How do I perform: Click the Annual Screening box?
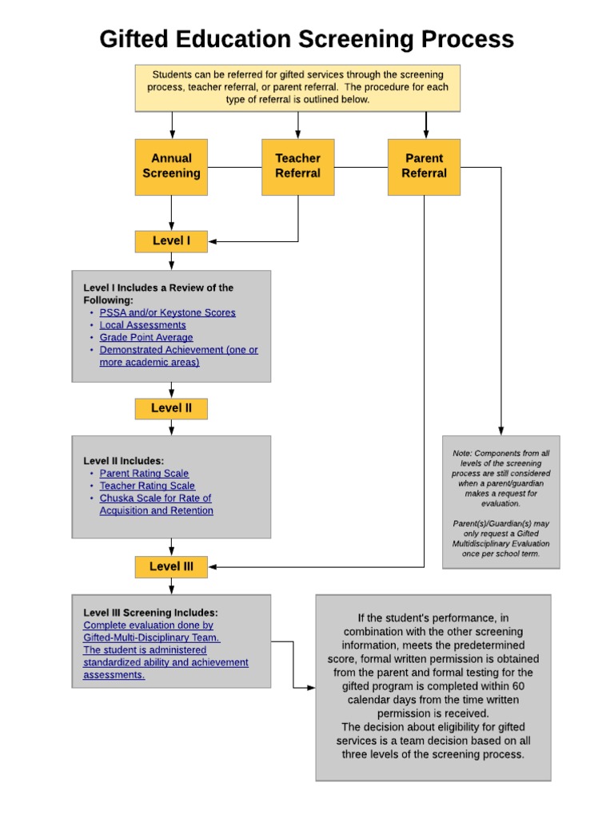[x=171, y=166]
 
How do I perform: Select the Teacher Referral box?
[x=297, y=166]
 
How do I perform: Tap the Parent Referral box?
[x=424, y=166]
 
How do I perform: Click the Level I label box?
[x=171, y=240]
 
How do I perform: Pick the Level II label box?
[x=171, y=408]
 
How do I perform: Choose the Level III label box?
[x=171, y=566]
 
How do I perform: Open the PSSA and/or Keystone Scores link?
[x=167, y=312]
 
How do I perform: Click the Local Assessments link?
[x=142, y=325]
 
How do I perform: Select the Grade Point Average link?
[x=146, y=337]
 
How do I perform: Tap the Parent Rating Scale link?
[x=144, y=473]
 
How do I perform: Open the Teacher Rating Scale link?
[x=147, y=486]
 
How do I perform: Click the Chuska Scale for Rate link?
[x=155, y=498]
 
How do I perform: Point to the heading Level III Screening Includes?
[x=150, y=613]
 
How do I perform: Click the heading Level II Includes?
[x=123, y=460]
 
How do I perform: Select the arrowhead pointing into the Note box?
[x=501, y=431]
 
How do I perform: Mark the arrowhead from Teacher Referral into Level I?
[x=213, y=241]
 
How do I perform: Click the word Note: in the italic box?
[x=463, y=453]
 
